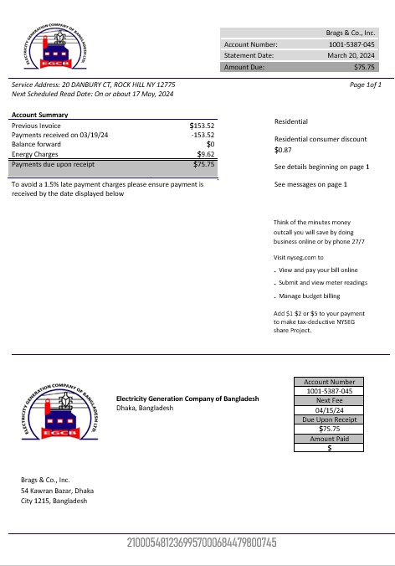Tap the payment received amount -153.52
(x=203, y=134)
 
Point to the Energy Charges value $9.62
(x=206, y=155)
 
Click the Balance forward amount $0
(x=210, y=144)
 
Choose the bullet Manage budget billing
(x=310, y=296)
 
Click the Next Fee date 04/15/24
(x=330, y=410)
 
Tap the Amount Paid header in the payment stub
(x=330, y=439)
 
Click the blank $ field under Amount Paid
(x=330, y=449)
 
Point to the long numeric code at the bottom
(x=201, y=543)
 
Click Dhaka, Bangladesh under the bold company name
(x=145, y=409)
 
